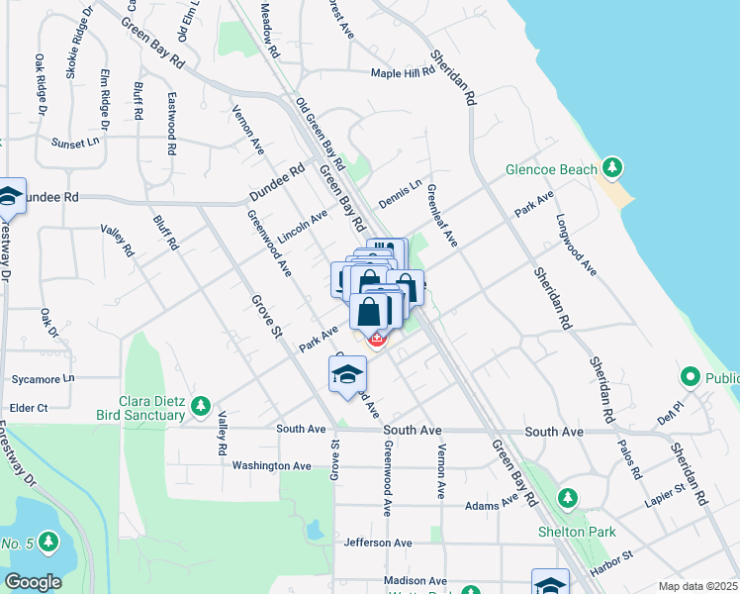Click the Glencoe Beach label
pos(551,169)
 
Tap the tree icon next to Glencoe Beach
pos(613,166)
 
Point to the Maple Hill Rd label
pos(403,72)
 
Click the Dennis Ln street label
pos(400,189)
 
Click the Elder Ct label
pos(28,408)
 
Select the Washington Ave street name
pos(271,465)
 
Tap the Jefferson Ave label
pos(377,543)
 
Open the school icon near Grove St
pos(348,374)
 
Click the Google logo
pos(34,582)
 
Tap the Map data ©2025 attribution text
pos(696,586)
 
